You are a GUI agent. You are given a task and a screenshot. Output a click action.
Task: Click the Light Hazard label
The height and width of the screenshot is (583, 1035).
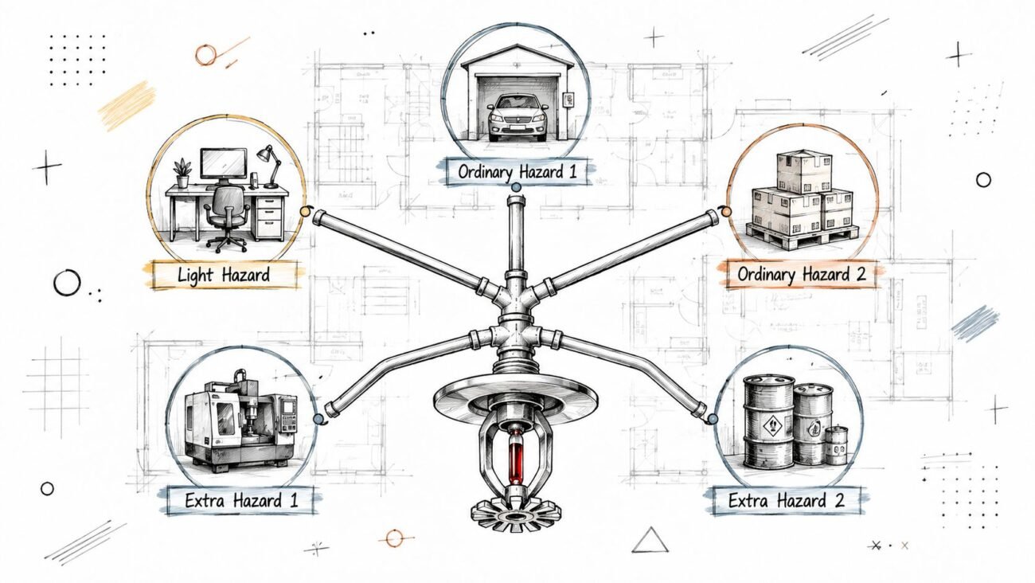[x=224, y=275]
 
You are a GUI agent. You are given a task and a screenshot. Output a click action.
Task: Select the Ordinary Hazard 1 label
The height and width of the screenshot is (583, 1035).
[x=517, y=172]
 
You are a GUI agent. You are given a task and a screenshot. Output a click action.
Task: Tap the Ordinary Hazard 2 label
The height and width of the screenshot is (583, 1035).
[x=802, y=274]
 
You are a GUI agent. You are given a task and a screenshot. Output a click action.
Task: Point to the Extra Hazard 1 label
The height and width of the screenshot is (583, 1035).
[x=241, y=501]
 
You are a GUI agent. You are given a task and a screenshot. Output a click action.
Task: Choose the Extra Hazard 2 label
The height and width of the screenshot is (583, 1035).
[x=786, y=501]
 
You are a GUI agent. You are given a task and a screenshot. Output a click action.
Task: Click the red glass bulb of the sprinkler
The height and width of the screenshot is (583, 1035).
[x=516, y=456]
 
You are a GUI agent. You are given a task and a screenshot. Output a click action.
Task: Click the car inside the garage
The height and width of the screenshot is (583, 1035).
[x=517, y=117]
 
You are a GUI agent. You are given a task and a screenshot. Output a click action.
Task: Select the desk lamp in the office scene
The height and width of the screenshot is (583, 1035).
[x=271, y=166]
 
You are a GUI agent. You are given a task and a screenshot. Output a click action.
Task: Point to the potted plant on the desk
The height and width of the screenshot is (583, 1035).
[x=182, y=174]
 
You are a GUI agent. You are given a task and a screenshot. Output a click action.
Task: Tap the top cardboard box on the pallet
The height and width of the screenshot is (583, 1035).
[x=804, y=171]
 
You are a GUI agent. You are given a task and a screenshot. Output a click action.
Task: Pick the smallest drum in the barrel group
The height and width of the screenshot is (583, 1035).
[x=836, y=445]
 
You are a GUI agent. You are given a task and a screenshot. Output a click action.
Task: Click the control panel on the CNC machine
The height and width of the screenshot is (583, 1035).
[x=289, y=415]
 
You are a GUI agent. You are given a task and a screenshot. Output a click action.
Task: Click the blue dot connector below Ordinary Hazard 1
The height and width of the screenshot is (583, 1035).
[x=517, y=187]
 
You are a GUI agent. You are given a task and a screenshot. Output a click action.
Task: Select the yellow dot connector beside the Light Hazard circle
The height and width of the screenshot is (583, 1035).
[x=304, y=211]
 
